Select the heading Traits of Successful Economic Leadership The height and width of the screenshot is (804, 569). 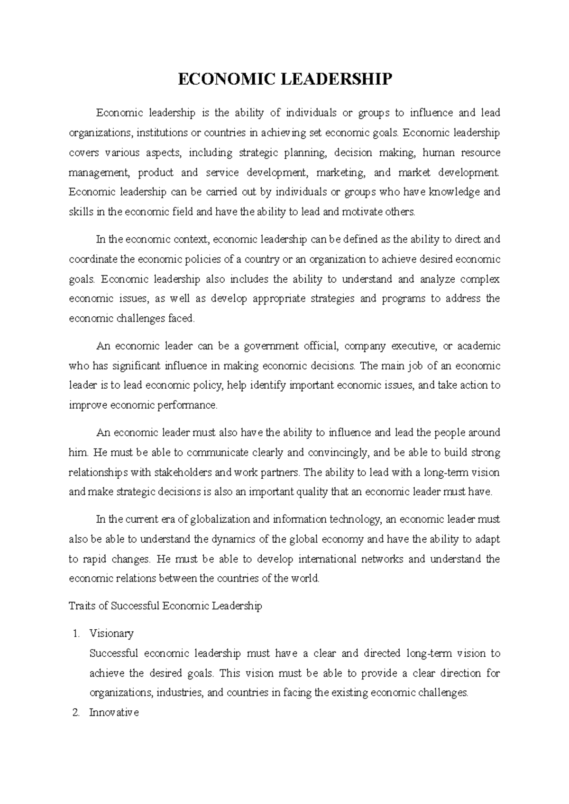(x=165, y=606)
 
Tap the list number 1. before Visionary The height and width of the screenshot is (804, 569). (x=76, y=634)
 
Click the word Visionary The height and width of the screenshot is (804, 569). (x=111, y=634)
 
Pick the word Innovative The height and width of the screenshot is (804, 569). (x=114, y=713)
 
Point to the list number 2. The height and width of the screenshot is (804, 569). (x=75, y=713)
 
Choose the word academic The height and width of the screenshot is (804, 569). (x=478, y=346)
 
